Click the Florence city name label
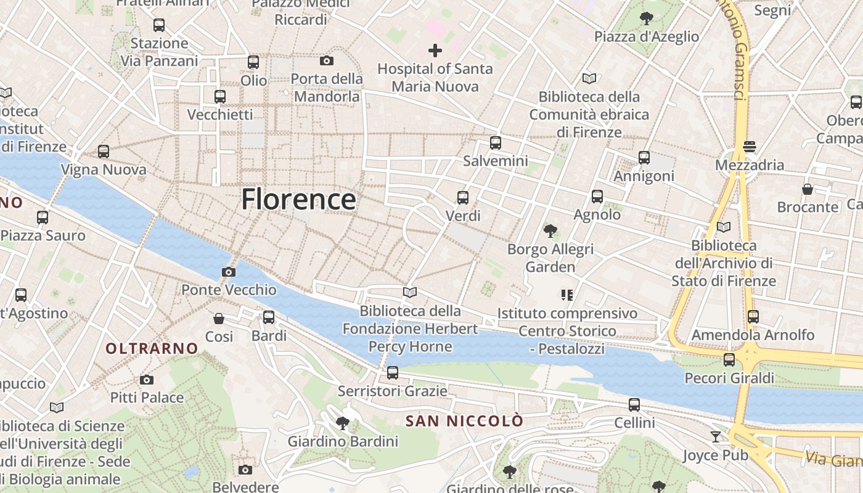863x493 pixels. (298, 200)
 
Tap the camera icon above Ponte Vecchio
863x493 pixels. (229, 272)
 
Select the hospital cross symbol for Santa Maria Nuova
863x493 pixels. (435, 51)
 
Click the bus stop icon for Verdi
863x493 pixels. (463, 198)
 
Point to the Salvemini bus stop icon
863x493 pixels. (496, 143)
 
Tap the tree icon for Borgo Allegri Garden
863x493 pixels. (550, 231)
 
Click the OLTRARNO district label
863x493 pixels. (152, 349)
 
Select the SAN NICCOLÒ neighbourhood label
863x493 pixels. (464, 421)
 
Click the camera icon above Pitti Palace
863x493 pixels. (147, 380)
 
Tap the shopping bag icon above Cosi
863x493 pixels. (219, 319)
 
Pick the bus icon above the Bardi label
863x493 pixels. (269, 317)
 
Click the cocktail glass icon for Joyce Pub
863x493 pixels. (715, 437)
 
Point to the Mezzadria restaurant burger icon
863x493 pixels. (750, 147)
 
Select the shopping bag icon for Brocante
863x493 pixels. (808, 189)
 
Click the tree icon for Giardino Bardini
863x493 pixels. (343, 423)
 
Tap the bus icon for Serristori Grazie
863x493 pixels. (393, 373)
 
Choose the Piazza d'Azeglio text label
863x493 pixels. (647, 36)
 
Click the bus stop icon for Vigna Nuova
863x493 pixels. (104, 152)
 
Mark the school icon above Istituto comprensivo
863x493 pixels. (567, 295)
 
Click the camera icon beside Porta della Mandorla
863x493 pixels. (327, 60)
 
